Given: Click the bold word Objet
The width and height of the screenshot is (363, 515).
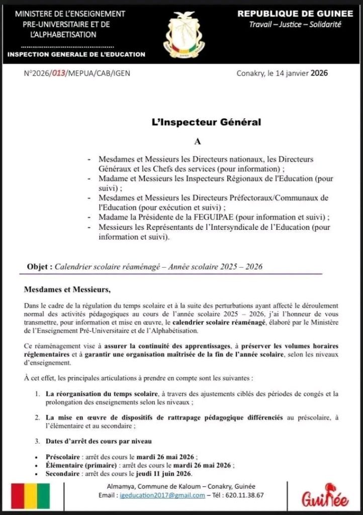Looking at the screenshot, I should click(39, 267).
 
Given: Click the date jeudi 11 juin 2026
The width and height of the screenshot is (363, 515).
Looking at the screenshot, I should click(163, 473).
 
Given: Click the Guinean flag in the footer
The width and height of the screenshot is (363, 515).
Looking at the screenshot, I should click(31, 496).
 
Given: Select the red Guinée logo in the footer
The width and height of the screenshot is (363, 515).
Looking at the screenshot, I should click(325, 497).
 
